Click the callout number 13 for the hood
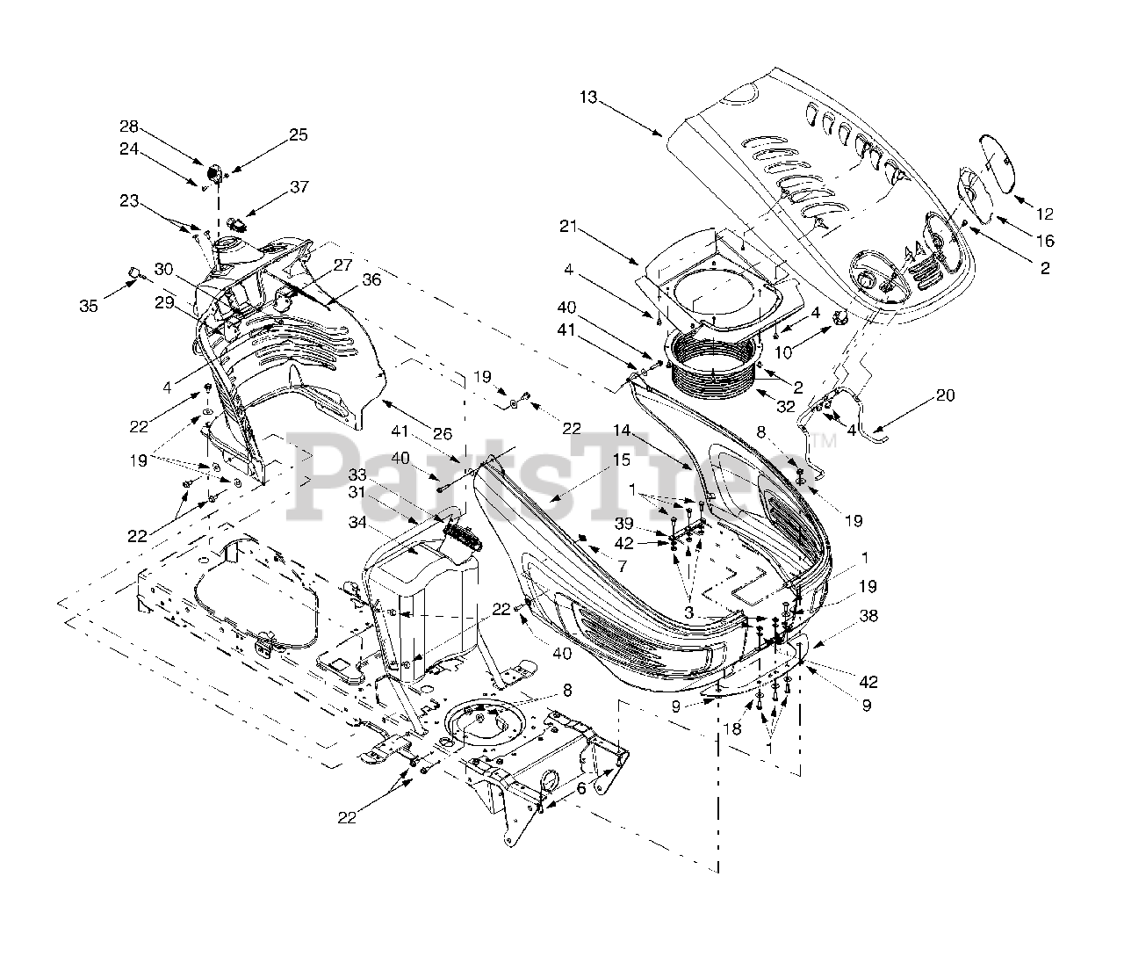click(587, 97)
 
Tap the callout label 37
click(299, 187)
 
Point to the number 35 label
click(89, 306)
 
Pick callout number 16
click(1044, 242)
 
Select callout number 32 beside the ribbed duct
click(785, 406)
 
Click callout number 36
click(348, 280)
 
